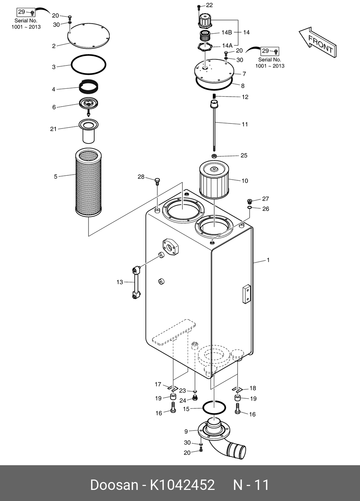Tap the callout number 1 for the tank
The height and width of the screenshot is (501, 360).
268,260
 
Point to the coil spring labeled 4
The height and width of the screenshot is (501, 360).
89,87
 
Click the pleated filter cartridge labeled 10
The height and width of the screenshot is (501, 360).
214,179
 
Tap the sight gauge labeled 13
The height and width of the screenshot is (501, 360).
136,282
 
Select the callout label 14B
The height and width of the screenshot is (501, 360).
226,33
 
